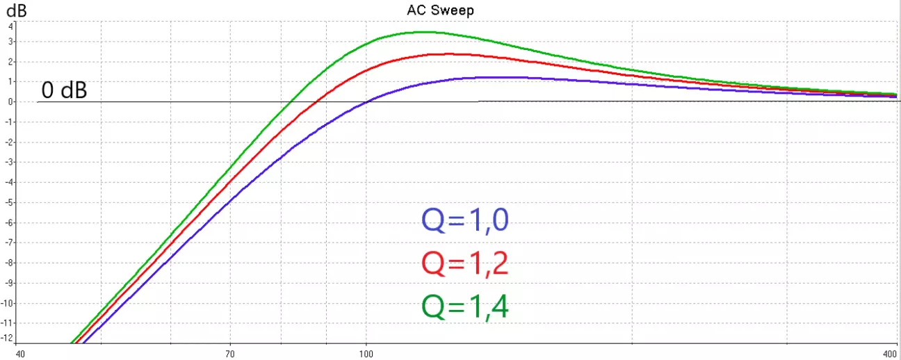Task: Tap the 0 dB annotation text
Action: pos(64,90)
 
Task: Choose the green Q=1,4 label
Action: pos(465,306)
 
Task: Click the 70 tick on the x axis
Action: pos(229,350)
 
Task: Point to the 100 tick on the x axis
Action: pos(366,350)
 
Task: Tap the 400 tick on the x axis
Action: pos(888,350)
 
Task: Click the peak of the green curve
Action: pos(424,32)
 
